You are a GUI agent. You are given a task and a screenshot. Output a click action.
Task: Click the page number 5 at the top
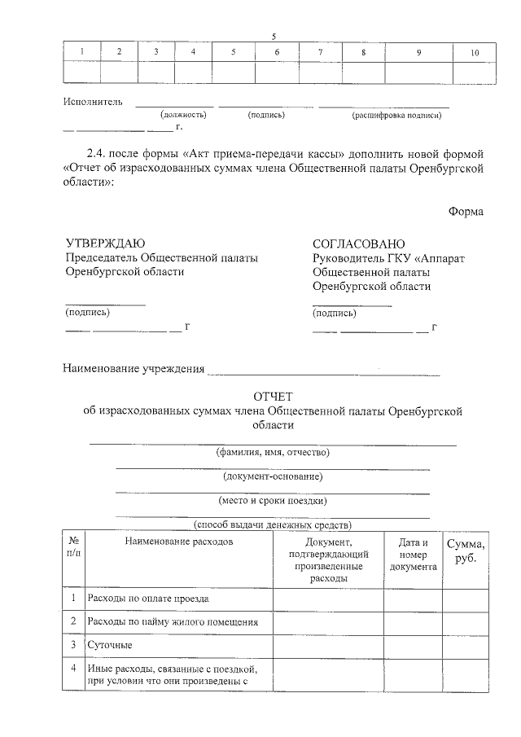click(274, 36)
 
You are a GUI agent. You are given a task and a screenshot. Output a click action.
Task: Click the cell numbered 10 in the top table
click(475, 52)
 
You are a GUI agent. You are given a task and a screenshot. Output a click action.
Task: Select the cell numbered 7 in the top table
click(320, 52)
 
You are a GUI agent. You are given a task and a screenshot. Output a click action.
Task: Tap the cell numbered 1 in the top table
click(81, 52)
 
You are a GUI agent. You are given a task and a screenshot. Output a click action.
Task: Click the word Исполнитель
click(93, 102)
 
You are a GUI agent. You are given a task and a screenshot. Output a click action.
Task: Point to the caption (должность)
click(183, 115)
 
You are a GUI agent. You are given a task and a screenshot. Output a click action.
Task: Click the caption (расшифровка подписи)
click(396, 115)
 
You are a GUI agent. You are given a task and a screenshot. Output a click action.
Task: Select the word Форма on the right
click(466, 212)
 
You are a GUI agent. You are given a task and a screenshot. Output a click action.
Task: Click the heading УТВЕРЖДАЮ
click(105, 243)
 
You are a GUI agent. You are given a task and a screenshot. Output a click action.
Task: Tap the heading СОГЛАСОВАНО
click(358, 243)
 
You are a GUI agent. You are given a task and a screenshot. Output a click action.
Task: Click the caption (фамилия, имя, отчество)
click(273, 452)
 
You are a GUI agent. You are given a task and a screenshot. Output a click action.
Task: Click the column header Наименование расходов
click(179, 541)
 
